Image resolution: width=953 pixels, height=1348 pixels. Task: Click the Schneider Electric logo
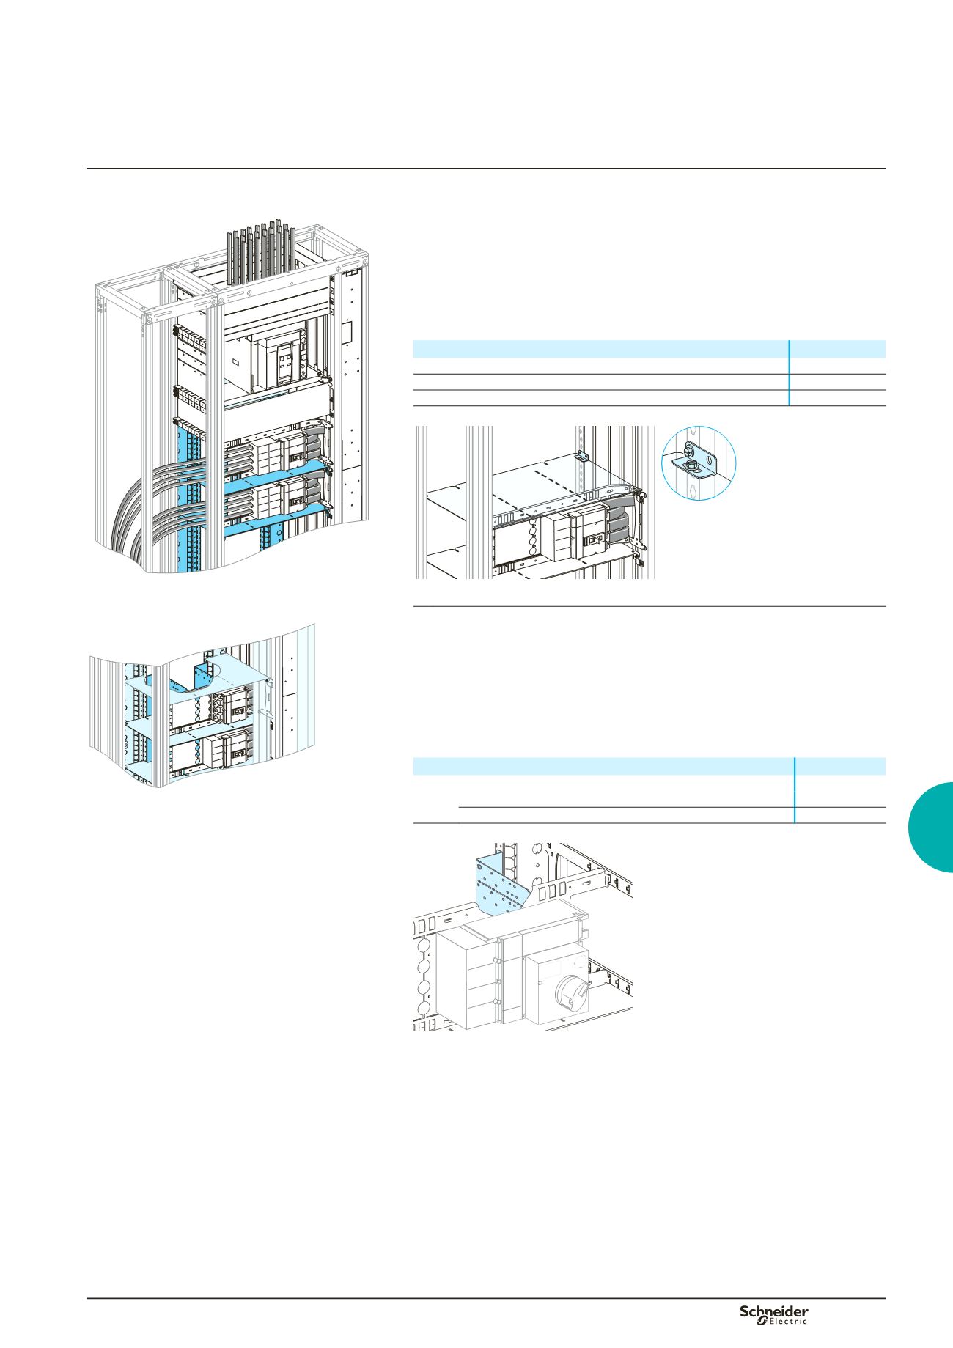pos(773,1314)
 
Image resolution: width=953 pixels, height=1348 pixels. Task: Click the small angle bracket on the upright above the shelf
pos(581,455)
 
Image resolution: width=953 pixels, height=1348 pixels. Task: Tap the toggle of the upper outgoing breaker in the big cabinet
pos(296,458)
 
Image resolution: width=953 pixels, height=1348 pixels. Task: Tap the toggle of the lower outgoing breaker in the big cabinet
pos(296,501)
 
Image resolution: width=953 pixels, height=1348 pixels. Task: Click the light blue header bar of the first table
pos(649,348)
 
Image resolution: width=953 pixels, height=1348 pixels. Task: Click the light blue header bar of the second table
pos(649,766)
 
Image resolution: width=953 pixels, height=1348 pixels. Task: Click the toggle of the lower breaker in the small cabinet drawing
pos(237,751)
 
